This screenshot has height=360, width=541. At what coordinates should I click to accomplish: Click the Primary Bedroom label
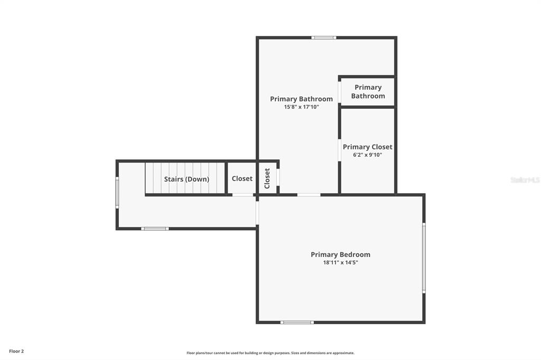[341, 255]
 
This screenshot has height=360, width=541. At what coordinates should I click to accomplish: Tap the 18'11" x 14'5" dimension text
[341, 263]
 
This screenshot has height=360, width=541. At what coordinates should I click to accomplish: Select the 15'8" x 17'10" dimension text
[301, 107]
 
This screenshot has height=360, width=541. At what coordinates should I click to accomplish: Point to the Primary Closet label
[368, 147]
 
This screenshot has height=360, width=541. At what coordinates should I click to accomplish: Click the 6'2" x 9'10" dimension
[368, 155]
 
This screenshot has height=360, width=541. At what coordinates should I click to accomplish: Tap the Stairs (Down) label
[186, 179]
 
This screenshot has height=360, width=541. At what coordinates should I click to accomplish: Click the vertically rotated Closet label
[267, 178]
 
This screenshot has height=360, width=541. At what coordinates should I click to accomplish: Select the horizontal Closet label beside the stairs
[242, 178]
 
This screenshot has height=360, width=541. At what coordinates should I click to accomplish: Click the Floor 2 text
[16, 352]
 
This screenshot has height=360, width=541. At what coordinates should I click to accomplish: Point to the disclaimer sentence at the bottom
[270, 353]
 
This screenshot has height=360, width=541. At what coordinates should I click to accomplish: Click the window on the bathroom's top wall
[324, 37]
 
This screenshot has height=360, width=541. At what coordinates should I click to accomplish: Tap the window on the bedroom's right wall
[424, 258]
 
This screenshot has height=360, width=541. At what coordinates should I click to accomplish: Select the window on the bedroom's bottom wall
[297, 323]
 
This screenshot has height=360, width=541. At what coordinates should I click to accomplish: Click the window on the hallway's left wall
[117, 193]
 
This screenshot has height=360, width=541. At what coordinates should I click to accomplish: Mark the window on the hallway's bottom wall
[155, 229]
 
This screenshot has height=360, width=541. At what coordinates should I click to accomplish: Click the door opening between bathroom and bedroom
[309, 195]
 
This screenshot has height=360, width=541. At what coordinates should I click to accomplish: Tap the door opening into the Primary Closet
[340, 150]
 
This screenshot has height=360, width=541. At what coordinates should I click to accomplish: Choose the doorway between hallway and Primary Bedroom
[257, 213]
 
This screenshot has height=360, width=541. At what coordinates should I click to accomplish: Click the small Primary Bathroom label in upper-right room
[368, 92]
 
